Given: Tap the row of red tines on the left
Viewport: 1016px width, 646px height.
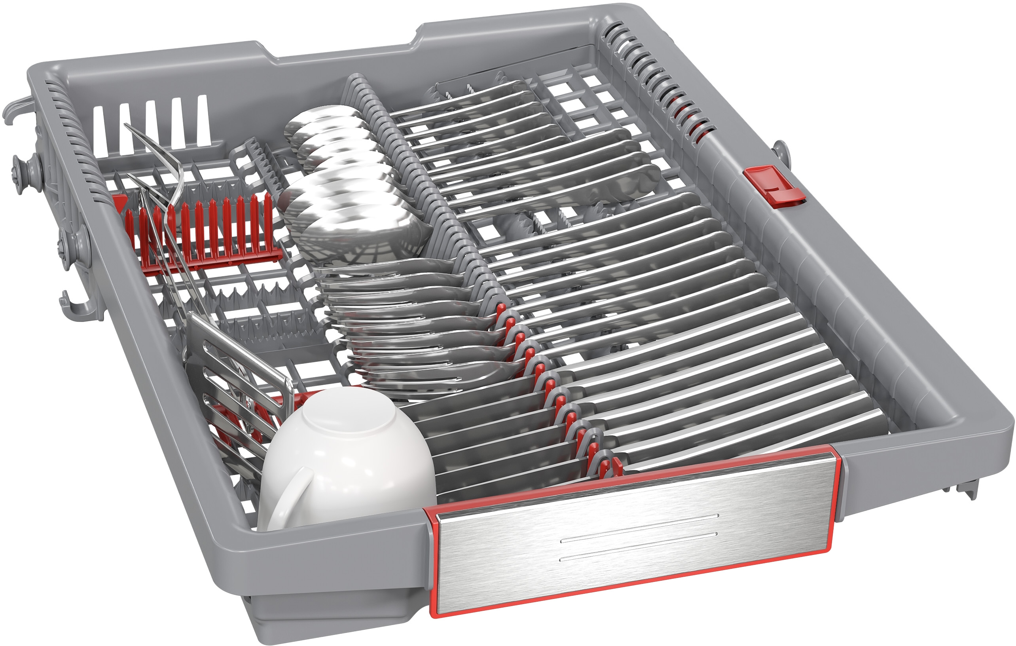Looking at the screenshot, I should (203, 230).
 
